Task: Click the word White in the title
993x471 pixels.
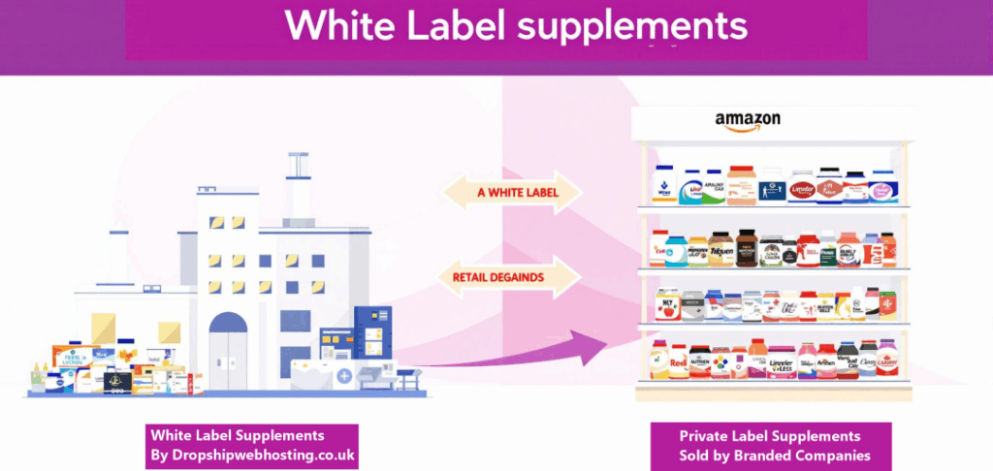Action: [x=339, y=26]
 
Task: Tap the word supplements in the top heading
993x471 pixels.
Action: [x=634, y=26]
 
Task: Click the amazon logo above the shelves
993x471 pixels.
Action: [x=748, y=120]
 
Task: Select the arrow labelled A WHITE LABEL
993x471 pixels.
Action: [x=512, y=193]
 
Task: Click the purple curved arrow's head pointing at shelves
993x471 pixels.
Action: [x=605, y=342]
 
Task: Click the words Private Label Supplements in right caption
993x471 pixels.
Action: [x=755, y=435]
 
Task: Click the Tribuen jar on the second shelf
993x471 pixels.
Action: [x=721, y=250]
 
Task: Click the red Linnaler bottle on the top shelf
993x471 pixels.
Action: [x=802, y=188]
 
